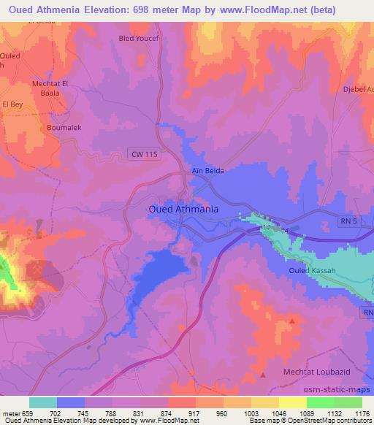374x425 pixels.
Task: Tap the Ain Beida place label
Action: (207, 170)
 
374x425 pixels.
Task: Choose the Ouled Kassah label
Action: (316, 271)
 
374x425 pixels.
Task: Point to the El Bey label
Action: (13, 104)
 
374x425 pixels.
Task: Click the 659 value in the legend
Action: (28, 413)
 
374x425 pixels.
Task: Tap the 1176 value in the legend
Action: (362, 413)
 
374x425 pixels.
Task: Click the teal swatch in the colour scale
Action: (42, 402)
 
